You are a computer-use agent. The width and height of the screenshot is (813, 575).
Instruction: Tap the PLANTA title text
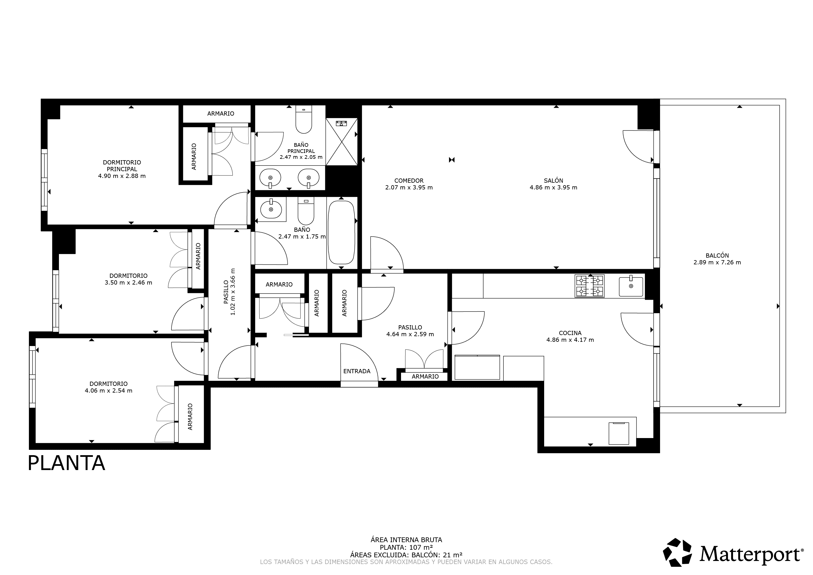[x=66, y=463]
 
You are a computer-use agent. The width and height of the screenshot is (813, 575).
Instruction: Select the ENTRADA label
[x=357, y=371]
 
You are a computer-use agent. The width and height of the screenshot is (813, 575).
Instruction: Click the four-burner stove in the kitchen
[x=589, y=286]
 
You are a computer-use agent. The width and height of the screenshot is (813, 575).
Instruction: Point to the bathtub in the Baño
[x=341, y=232]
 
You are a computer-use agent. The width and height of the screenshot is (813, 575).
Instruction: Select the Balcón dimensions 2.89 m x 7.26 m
[x=717, y=262]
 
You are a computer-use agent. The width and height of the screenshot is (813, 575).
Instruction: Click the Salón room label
[x=553, y=180]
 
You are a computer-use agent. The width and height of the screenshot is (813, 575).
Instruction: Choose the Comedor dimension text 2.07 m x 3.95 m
[x=409, y=188]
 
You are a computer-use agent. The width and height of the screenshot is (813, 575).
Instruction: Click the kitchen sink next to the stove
[x=631, y=287]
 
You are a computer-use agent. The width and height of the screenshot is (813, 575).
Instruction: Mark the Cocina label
[x=570, y=333]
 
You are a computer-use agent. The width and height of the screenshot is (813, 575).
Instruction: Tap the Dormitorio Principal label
[x=122, y=165]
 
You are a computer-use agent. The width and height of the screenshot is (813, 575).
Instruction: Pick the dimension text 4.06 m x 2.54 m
[x=108, y=391]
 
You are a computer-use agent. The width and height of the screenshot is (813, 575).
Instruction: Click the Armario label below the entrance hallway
[x=425, y=376]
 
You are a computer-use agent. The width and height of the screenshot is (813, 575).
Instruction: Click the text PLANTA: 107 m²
[x=406, y=547]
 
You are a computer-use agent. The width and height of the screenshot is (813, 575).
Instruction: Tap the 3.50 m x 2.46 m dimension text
[x=128, y=283]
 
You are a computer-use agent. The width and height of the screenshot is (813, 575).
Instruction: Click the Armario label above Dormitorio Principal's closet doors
[x=221, y=114]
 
